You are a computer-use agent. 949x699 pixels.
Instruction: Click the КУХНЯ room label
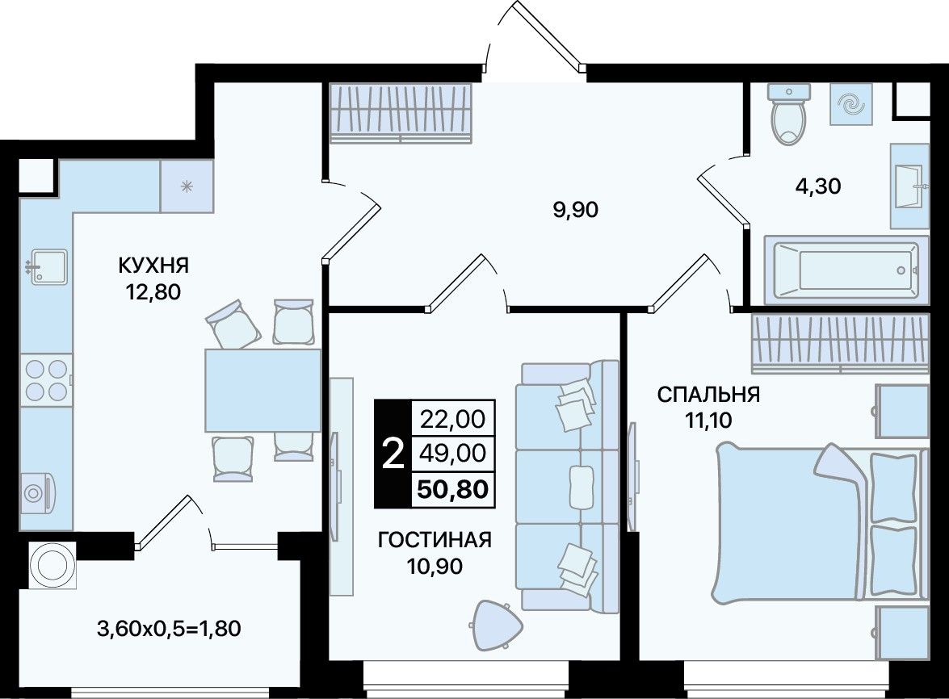(153, 265)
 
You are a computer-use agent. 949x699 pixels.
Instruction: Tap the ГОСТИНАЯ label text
(434, 539)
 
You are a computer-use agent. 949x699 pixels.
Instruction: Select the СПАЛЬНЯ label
(708, 394)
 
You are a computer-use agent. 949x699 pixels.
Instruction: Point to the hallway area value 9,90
(575, 210)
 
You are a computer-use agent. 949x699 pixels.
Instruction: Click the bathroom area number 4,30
(817, 186)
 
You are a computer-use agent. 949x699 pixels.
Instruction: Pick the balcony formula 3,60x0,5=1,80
(169, 629)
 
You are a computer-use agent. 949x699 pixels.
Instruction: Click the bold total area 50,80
(453, 488)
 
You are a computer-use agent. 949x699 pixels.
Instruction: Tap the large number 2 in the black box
(393, 454)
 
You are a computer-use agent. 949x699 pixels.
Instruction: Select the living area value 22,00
(453, 418)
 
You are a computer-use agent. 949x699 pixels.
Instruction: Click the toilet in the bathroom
(788, 115)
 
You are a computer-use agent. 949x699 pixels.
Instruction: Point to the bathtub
(846, 270)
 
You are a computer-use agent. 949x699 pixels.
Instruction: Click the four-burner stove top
(46, 379)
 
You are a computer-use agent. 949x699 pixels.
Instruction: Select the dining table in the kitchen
(262, 390)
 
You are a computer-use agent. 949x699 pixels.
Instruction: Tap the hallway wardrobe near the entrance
(401, 113)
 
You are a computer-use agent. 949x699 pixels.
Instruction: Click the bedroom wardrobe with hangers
(839, 344)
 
